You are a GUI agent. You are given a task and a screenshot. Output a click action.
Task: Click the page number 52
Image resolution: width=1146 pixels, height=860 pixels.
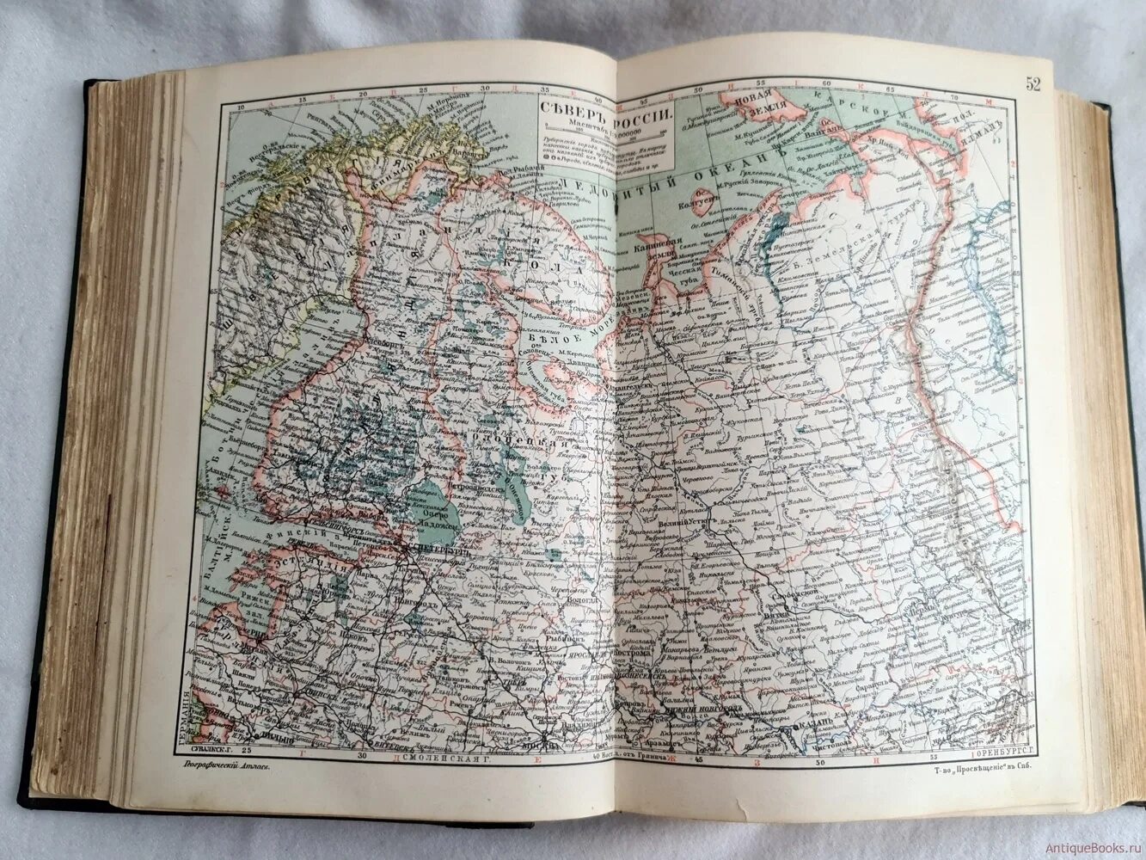1032,83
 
